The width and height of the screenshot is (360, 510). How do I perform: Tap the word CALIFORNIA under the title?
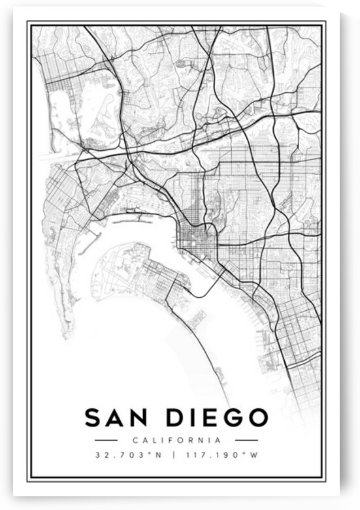(176, 440)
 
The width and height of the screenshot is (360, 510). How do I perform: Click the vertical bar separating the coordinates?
(173, 455)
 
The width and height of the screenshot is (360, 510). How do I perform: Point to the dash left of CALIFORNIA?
(105, 440)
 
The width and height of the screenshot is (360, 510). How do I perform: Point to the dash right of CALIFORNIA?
(246, 440)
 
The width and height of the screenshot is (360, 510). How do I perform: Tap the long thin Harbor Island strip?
(134, 212)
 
